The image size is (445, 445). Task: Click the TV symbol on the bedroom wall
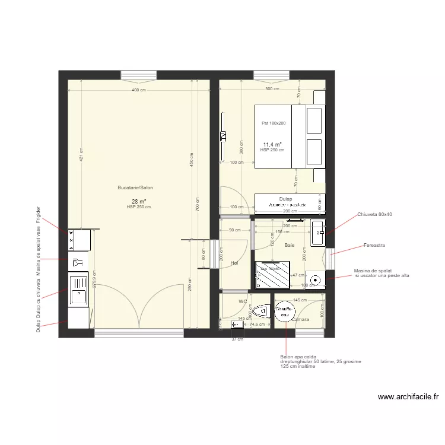click(223, 136)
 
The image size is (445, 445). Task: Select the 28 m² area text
click(139, 202)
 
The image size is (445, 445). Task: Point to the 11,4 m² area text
click(272, 145)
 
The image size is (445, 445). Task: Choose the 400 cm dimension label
click(139, 90)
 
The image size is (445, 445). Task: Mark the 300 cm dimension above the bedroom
click(272, 89)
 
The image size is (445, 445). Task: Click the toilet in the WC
click(260, 310)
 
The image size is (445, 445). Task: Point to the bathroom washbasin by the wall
click(318, 233)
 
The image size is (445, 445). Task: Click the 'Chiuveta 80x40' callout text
click(374, 215)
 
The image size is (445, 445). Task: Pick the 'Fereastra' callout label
click(374, 244)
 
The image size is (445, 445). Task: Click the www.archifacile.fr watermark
click(407, 398)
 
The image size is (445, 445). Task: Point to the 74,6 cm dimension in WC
click(257, 325)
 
